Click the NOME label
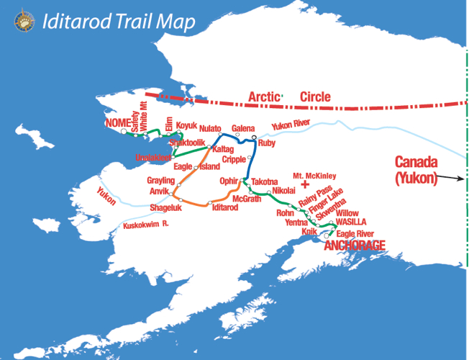[x=117, y=123]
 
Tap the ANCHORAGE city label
[x=355, y=246]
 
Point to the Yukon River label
[x=290, y=126]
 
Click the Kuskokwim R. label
[x=145, y=225]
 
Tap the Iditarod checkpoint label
[x=225, y=207]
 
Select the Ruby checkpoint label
[x=266, y=143]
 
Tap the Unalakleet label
[x=153, y=157]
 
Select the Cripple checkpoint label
[x=234, y=159]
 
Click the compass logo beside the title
[x=24, y=22]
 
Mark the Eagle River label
[x=355, y=234]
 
